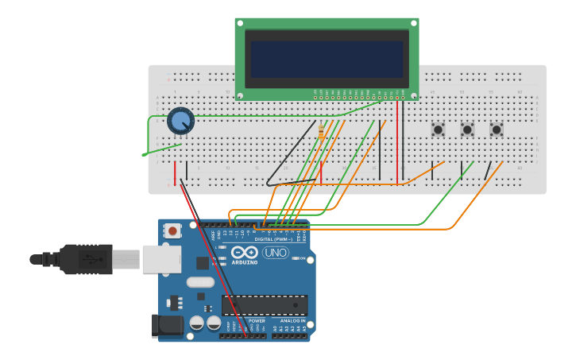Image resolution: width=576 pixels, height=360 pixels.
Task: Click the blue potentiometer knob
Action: tap(181, 121)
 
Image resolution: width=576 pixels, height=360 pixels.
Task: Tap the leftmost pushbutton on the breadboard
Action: tap(438, 129)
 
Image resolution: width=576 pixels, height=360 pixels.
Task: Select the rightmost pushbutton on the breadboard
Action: tap(497, 129)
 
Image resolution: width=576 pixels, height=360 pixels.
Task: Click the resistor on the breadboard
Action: tap(321, 132)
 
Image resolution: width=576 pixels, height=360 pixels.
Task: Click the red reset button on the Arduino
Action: tap(172, 231)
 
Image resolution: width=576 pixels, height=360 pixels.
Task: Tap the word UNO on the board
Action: tap(276, 253)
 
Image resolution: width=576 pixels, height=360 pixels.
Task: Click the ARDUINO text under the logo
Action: tap(245, 262)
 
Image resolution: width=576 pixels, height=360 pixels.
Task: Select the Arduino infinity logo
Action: tap(245, 252)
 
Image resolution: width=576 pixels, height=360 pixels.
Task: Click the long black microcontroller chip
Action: tap(265, 305)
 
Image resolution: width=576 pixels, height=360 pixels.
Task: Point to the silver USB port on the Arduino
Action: tap(161, 259)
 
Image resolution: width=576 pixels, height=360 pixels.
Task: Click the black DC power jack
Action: tap(165, 326)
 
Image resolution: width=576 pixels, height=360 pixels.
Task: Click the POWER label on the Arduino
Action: tap(257, 320)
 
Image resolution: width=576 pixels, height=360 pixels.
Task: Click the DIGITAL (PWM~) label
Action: tap(273, 238)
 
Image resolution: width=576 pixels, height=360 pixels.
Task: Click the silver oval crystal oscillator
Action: tap(201, 281)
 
